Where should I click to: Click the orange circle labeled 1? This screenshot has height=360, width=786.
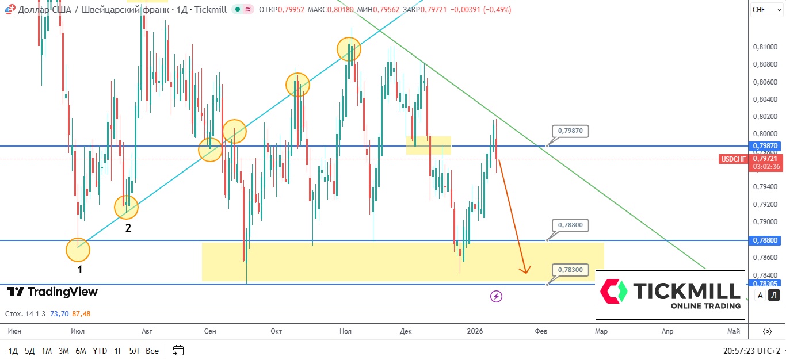coord(78,250)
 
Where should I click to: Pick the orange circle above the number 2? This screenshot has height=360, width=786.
coord(126,207)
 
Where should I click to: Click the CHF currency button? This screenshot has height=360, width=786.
coord(759,9)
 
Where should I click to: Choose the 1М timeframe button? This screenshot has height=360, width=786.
coord(47,350)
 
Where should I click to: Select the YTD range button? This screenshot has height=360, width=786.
coord(100,350)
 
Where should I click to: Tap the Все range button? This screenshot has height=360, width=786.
coord(152,350)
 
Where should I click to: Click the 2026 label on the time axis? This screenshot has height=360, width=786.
coord(475,331)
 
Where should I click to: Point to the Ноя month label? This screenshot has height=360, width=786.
coord(345,331)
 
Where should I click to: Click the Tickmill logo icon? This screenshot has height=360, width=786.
coord(613,292)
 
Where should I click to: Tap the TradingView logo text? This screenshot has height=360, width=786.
coord(52,292)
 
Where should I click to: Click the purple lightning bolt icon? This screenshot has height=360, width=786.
coord(496,296)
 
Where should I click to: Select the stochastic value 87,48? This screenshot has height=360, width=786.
coord(81,314)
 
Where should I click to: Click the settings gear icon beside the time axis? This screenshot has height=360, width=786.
coord(767,331)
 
